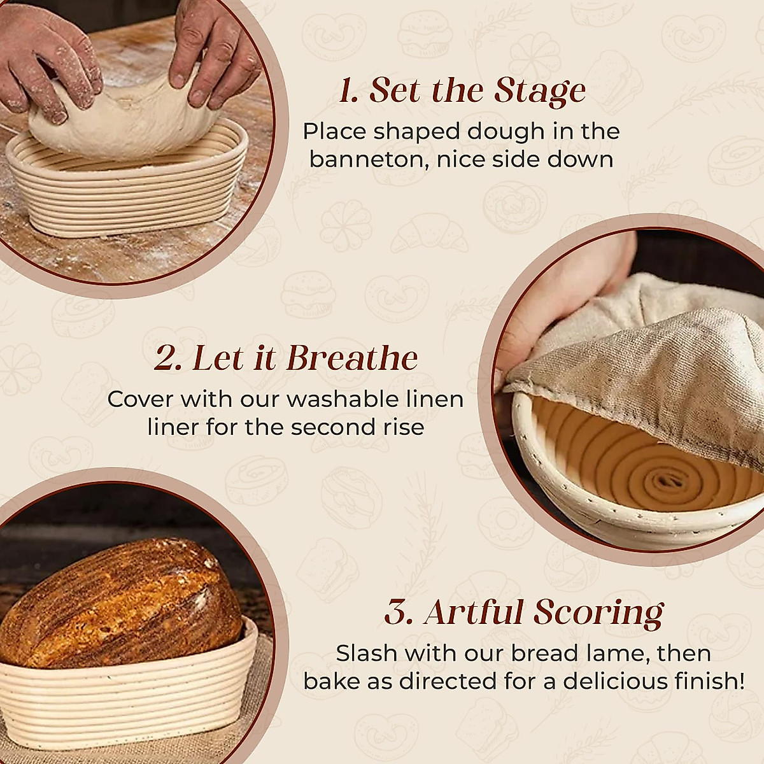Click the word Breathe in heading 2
(352, 358)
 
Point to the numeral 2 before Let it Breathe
(168, 358)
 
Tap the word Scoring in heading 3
(598, 613)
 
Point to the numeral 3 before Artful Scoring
(397, 613)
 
